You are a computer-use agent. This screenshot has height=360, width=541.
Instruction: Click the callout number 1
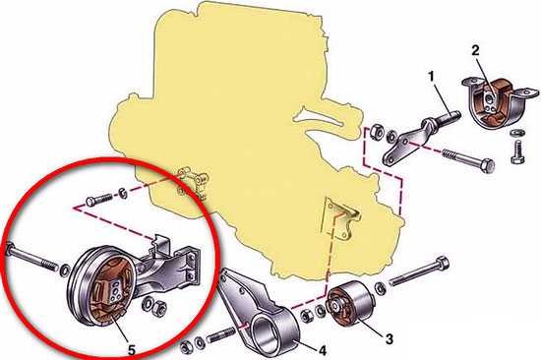coord(431,77)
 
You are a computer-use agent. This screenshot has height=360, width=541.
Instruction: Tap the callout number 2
coord(475,51)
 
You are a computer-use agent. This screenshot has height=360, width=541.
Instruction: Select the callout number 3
coord(389,338)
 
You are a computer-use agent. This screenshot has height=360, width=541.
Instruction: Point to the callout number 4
coord(322,350)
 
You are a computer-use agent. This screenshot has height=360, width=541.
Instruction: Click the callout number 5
coord(132,350)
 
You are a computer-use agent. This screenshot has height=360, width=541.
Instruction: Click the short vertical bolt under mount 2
coord(517,151)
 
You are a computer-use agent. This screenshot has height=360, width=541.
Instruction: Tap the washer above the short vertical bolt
coord(516,133)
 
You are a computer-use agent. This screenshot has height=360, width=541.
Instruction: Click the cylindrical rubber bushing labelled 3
coord(349,304)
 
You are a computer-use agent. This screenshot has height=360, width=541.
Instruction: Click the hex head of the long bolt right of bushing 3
coord(442,265)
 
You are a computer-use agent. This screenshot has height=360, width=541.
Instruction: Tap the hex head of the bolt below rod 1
coord(487,166)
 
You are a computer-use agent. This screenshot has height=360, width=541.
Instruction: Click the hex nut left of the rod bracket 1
coord(376,131)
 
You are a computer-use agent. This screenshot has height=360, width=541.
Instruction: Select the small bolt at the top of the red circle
coord(98,200)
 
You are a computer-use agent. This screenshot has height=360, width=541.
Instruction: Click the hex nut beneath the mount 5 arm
coord(158,307)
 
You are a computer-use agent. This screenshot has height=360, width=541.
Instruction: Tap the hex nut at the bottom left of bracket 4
coord(186,347)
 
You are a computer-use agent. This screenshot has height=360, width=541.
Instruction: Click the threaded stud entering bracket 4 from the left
coord(220,335)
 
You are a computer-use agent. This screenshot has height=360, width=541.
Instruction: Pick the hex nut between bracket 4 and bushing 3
coord(306,317)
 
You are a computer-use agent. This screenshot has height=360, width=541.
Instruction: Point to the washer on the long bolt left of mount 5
coord(65,270)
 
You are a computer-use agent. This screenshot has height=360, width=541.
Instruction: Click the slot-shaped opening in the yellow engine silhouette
coord(318,116)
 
